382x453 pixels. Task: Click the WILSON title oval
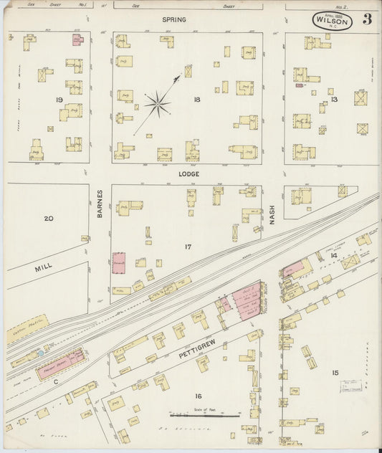coord(332,21)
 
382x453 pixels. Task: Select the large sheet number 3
coord(366,19)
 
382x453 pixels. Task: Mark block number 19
coord(59,100)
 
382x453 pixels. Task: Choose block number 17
coord(188,247)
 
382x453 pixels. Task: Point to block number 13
coord(333,100)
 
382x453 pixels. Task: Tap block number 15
coord(334,373)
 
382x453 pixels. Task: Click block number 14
coord(333,255)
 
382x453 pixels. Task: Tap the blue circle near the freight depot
coord(41,353)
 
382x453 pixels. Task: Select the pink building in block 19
coord(77,40)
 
